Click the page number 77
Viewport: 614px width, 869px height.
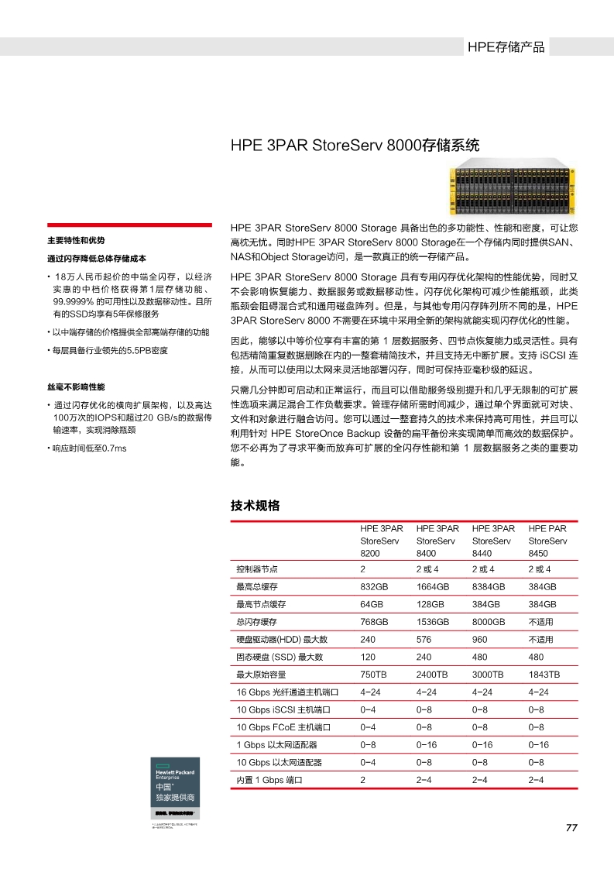[571, 828]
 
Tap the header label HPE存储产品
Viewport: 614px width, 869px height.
[506, 47]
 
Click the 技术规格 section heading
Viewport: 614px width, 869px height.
[255, 506]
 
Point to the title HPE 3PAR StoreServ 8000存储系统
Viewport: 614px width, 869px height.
[355, 145]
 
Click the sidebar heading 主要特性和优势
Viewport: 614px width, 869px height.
[76, 240]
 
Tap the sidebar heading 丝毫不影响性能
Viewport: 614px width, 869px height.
[76, 386]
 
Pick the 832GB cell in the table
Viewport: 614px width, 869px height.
[374, 586]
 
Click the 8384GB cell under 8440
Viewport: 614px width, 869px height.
[489, 586]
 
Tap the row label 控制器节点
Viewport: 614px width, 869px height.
[257, 569]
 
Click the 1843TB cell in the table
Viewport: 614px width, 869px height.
[544, 675]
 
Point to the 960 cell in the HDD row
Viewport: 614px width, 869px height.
[479, 639]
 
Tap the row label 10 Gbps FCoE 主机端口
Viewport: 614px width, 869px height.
[283, 727]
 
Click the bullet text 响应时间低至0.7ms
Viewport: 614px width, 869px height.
[89, 448]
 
